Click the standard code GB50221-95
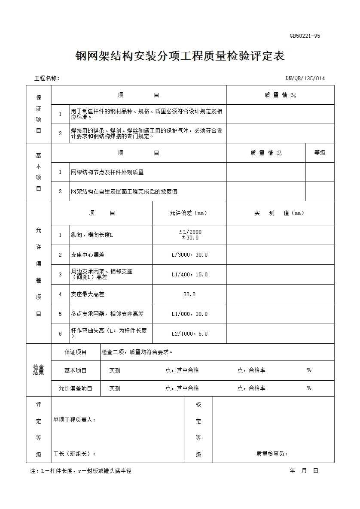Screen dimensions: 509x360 click(305, 36)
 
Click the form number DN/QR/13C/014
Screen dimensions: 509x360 click(305, 78)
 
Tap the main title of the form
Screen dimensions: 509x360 click(180, 56)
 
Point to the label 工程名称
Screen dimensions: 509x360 click(46, 78)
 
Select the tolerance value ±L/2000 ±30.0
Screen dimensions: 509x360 click(189, 235)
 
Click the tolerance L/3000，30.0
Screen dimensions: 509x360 click(189, 254)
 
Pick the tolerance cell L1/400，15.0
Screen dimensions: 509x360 click(189, 274)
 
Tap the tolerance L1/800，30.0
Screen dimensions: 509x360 click(189, 314)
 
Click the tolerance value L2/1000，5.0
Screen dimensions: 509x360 click(189, 333)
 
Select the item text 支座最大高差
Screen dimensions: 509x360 click(88, 294)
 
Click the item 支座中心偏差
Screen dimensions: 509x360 click(88, 254)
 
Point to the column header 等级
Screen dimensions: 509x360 click(320, 152)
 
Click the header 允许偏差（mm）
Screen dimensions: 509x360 click(189, 213)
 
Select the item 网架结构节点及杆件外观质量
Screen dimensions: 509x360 click(107, 172)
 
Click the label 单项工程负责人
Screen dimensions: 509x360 click(74, 420)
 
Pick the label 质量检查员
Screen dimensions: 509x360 click(272, 454)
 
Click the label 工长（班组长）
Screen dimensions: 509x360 click(74, 454)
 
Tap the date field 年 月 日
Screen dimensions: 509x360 click(304, 471)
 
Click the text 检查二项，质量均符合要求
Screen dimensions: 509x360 click(137, 352)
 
